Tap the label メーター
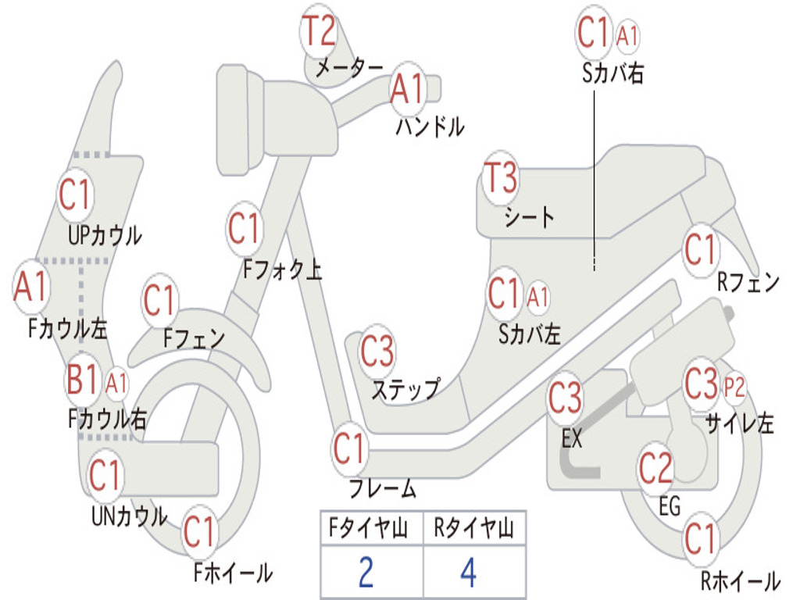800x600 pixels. pos(348,69)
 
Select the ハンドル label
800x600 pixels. pos(430,126)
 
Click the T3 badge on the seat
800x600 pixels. pos(500,179)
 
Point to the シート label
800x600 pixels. pos(529,216)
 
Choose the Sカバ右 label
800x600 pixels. pos(613,73)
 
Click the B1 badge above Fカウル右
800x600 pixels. pos(82,380)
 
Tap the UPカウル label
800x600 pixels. pos(105,234)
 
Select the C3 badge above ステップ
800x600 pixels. pos(377,352)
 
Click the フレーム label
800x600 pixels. pos(382,489)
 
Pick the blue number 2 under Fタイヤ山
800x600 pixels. pos(366,573)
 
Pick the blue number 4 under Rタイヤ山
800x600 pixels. pos(468,573)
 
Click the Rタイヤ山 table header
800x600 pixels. pos(473,530)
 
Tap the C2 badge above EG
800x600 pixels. pos(655,468)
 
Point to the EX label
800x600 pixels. pos(572,438)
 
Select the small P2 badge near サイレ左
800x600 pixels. pos(734,386)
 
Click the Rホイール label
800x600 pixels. pos(739,581)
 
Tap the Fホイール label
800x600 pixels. pos(233,573)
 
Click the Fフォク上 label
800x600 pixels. pos(282,270)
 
